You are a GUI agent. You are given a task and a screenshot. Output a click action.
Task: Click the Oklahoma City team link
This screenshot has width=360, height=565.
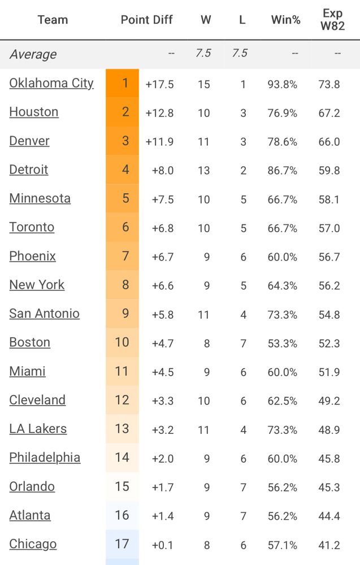51,83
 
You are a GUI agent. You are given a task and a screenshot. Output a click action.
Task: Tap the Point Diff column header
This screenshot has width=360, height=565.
146,20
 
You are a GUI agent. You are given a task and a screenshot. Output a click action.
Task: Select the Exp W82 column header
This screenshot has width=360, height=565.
333,20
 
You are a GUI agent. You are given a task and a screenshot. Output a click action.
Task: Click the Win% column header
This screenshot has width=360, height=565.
286,20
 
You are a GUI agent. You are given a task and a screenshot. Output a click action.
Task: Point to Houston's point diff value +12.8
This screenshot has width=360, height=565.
159,113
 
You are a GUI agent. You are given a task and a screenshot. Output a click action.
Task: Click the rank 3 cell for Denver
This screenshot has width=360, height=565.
125,141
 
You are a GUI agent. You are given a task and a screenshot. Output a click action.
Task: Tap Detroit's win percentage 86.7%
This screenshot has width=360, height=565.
283,171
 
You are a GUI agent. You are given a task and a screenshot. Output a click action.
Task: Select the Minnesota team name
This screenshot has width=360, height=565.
40,198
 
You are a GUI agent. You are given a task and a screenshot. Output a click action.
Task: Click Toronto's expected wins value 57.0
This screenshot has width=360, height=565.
329,228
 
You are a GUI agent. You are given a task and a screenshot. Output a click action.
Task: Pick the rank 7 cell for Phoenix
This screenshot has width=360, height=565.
125,256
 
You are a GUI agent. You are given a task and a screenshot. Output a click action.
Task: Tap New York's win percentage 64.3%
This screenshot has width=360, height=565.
283,286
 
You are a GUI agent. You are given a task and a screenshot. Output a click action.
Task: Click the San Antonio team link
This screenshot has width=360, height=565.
44,314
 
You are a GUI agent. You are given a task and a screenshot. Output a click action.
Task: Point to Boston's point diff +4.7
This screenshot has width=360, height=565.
163,344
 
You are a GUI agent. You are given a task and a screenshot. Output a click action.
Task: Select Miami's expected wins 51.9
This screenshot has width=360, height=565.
329,372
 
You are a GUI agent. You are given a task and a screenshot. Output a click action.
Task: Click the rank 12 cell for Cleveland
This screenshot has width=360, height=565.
122,400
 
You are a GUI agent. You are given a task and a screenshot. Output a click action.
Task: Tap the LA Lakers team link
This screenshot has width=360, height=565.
38,429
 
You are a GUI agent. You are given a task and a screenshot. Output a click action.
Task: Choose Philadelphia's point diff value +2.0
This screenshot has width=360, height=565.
163,459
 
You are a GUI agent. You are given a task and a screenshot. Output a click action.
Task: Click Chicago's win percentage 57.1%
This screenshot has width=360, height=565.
283,545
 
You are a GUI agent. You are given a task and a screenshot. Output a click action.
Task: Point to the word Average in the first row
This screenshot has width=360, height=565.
33,54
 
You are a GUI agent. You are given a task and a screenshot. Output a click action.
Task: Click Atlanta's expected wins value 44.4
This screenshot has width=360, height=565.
329,516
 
